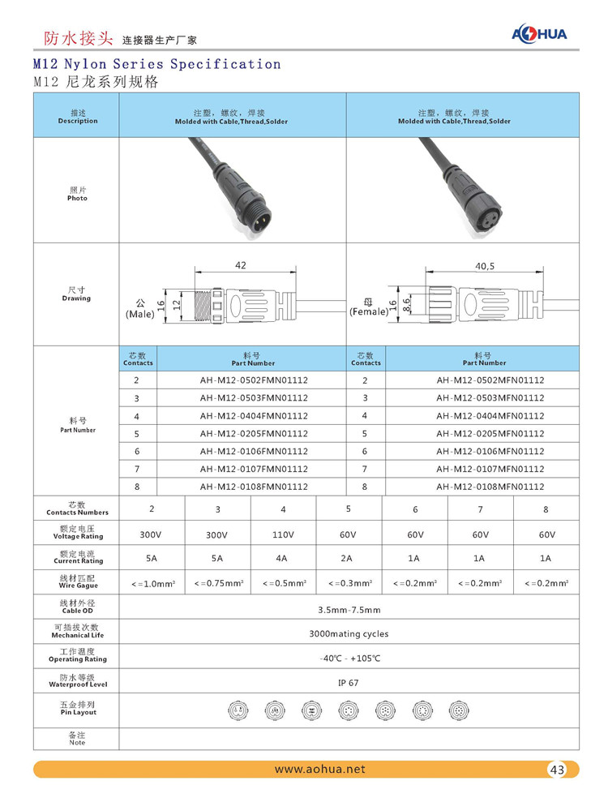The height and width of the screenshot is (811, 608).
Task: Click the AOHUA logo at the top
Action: click(x=539, y=33)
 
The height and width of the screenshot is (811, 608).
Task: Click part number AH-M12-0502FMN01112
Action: click(x=254, y=380)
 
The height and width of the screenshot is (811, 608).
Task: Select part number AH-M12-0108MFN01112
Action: click(x=490, y=487)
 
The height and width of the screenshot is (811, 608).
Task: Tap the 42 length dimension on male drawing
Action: click(x=241, y=265)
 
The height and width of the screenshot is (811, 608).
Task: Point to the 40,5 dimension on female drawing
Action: click(x=484, y=266)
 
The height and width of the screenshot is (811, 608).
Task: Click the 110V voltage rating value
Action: click(x=283, y=535)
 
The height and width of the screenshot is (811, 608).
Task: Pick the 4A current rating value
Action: click(x=283, y=558)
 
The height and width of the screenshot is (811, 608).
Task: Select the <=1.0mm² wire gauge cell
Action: click(x=153, y=582)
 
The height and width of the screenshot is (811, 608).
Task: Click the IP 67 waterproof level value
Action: click(x=349, y=683)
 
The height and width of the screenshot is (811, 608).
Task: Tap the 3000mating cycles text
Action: click(x=349, y=633)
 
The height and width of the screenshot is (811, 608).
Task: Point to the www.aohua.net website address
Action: click(x=319, y=769)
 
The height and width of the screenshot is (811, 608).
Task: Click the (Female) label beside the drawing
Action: click(x=367, y=311)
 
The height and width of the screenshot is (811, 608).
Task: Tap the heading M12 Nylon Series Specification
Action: click(x=157, y=63)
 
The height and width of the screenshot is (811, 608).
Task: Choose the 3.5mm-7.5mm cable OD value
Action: click(x=349, y=609)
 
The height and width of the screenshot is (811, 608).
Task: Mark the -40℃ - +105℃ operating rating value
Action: click(x=349, y=658)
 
